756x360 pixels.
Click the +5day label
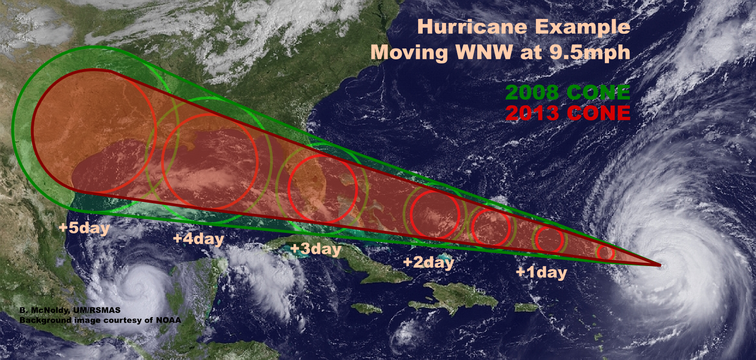[x=84, y=227]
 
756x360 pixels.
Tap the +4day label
[x=199, y=238]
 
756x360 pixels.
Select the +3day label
[x=315, y=249]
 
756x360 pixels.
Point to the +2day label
[x=428, y=262]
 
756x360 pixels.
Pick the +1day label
[x=541, y=273]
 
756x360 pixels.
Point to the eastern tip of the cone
[x=660, y=265]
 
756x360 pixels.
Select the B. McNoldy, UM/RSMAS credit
[x=70, y=310]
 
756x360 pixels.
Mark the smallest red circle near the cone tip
[x=605, y=252]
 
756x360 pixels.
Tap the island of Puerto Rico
[x=526, y=307]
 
